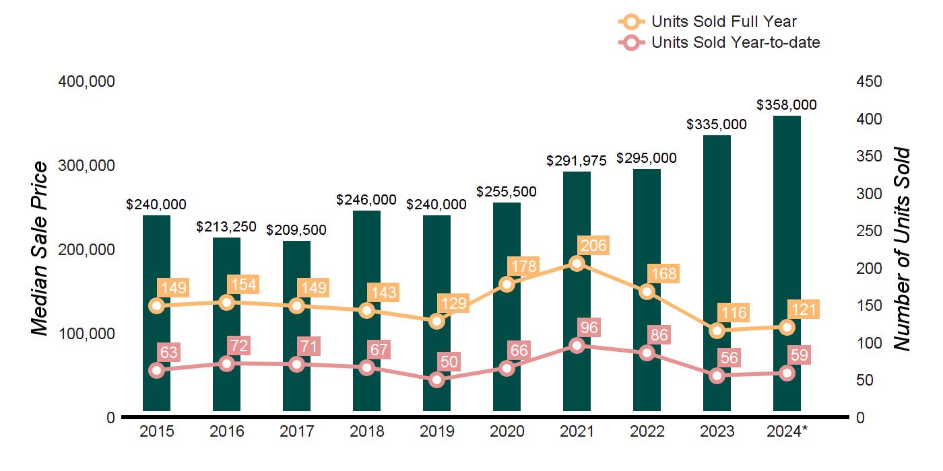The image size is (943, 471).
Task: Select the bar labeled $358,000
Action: [787, 202]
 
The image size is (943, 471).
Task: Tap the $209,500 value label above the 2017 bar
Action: [296, 230]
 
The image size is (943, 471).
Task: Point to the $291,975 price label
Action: [577, 160]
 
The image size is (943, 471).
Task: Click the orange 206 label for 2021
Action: [593, 246]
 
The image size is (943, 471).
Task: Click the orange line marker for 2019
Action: [437, 321]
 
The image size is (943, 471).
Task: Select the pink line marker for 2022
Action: [647, 353]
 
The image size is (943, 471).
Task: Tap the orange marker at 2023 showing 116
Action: [717, 330]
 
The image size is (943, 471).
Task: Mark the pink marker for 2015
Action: [157, 370]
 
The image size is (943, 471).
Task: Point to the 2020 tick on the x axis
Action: [507, 431]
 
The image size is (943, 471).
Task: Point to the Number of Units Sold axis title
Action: [902, 249]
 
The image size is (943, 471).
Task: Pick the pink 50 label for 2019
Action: [449, 362]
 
